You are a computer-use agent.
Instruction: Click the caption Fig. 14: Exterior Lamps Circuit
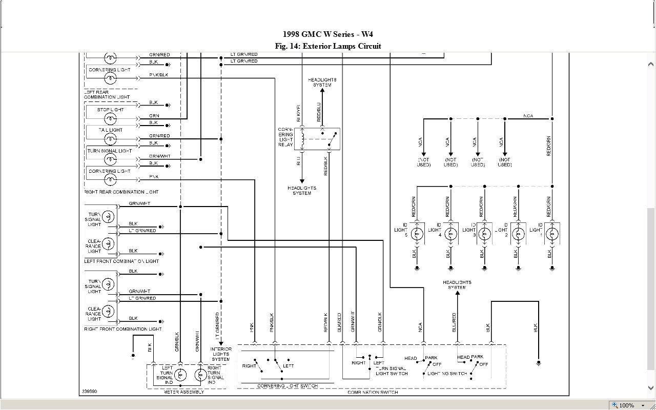[x=328, y=46]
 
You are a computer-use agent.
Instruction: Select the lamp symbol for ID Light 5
[x=417, y=235]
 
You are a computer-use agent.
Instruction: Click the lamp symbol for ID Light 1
[x=552, y=235]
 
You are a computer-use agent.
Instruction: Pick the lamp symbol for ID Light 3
[x=484, y=235]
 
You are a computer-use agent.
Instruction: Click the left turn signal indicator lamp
[x=180, y=375]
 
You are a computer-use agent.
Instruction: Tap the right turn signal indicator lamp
[x=200, y=375]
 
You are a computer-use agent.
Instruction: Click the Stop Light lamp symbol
[x=110, y=119]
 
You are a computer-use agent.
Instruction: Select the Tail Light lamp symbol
[x=110, y=139]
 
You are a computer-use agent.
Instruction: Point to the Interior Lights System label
[x=221, y=354]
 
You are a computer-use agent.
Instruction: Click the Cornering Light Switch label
[x=287, y=386]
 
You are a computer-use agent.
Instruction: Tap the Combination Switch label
[x=373, y=393]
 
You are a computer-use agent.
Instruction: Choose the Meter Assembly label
[x=183, y=392]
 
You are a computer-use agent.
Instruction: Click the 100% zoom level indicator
[x=626, y=405]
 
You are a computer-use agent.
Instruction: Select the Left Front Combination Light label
[x=121, y=261]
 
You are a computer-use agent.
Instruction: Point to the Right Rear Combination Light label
[x=121, y=192]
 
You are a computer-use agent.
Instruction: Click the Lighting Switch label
[x=447, y=374]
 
